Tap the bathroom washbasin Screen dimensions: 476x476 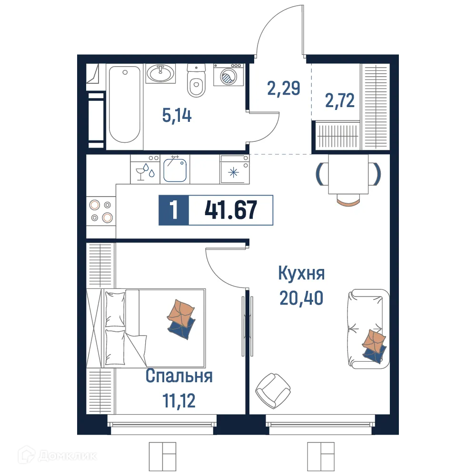(160, 74)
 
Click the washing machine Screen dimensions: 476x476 (228, 75)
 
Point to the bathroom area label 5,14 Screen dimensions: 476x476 (177, 115)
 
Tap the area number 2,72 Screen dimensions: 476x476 (340, 101)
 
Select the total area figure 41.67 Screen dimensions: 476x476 (231, 210)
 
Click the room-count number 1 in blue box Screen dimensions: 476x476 (174, 210)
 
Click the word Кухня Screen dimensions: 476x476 (301, 274)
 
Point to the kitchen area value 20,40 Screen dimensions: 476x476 (301, 298)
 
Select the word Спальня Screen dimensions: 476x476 (178, 377)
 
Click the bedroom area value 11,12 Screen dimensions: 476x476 (178, 400)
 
